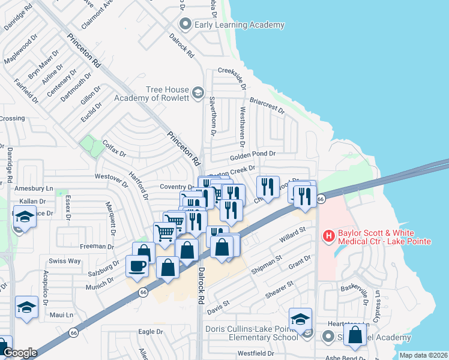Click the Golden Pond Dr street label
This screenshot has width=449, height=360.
(252, 154)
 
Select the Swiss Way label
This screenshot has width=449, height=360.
(65, 261)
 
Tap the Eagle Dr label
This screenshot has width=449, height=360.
(151, 331)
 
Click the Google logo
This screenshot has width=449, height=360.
(20, 353)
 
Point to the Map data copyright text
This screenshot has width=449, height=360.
(423, 355)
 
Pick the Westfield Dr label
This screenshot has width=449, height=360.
(255, 353)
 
